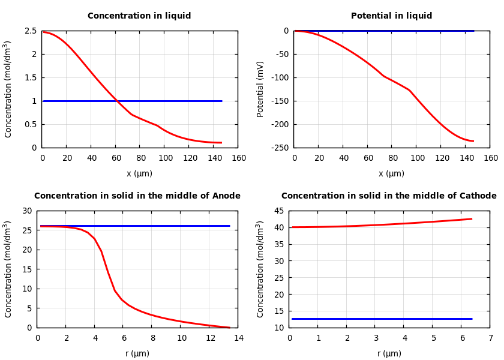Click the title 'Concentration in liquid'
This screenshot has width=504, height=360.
(139, 16)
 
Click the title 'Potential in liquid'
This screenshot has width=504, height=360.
(391, 16)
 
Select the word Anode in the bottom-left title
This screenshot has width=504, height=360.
(226, 196)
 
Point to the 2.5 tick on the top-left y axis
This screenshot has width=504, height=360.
(31, 31)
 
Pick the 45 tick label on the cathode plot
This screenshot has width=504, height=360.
(279, 211)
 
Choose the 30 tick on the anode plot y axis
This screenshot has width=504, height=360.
(26, 211)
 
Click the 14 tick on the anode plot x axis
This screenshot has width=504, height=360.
(239, 338)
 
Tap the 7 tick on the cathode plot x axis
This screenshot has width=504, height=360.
(490, 338)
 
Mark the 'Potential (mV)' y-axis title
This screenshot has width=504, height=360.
(260, 89)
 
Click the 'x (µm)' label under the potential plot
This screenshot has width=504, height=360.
(391, 174)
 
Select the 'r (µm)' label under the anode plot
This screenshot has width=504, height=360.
(137, 354)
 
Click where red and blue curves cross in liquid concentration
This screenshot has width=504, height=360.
(116, 101)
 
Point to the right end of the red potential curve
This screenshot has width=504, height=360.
(473, 141)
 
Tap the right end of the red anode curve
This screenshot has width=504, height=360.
(229, 328)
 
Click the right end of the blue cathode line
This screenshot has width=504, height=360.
(472, 319)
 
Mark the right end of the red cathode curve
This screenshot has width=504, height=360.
(472, 219)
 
